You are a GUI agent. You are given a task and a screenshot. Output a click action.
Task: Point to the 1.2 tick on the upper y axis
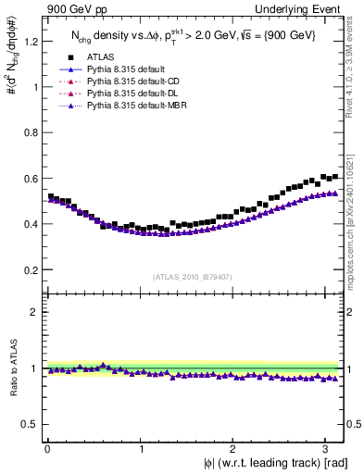tap(30, 42)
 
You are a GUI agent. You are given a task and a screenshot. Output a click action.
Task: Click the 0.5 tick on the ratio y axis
tap(30, 424)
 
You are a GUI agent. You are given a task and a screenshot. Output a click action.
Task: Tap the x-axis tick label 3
tap(329, 448)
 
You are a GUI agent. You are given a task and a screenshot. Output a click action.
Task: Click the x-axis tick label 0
tap(46, 448)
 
